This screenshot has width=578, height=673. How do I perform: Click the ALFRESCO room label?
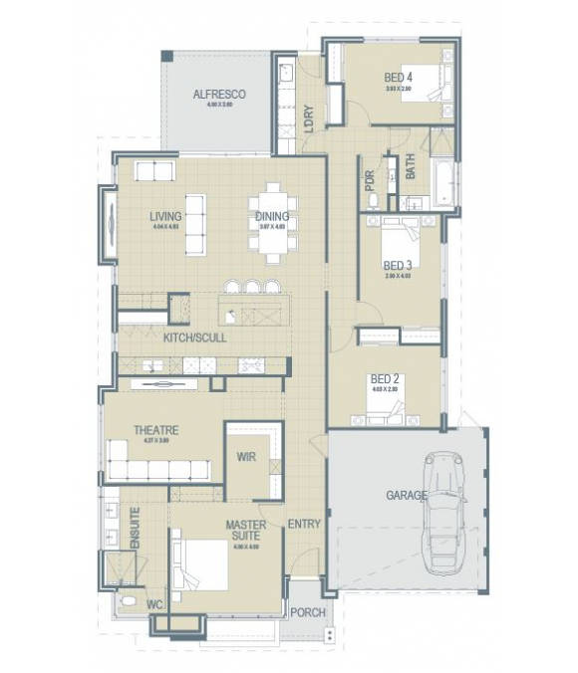point(219,95)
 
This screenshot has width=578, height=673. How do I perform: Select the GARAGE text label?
point(407,495)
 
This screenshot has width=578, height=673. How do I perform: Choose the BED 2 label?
point(385,379)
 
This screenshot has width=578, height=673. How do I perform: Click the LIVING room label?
point(165,216)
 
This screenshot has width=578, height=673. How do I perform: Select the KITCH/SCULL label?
point(194,337)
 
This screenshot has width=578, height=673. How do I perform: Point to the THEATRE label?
point(156,430)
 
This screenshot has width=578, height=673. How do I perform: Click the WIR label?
point(247,456)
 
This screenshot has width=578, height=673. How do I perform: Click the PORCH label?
point(308,612)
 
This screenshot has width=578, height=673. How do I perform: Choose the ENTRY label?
point(304,524)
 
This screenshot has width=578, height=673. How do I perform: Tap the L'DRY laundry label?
point(309,118)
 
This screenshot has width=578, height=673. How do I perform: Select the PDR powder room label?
point(371,180)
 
